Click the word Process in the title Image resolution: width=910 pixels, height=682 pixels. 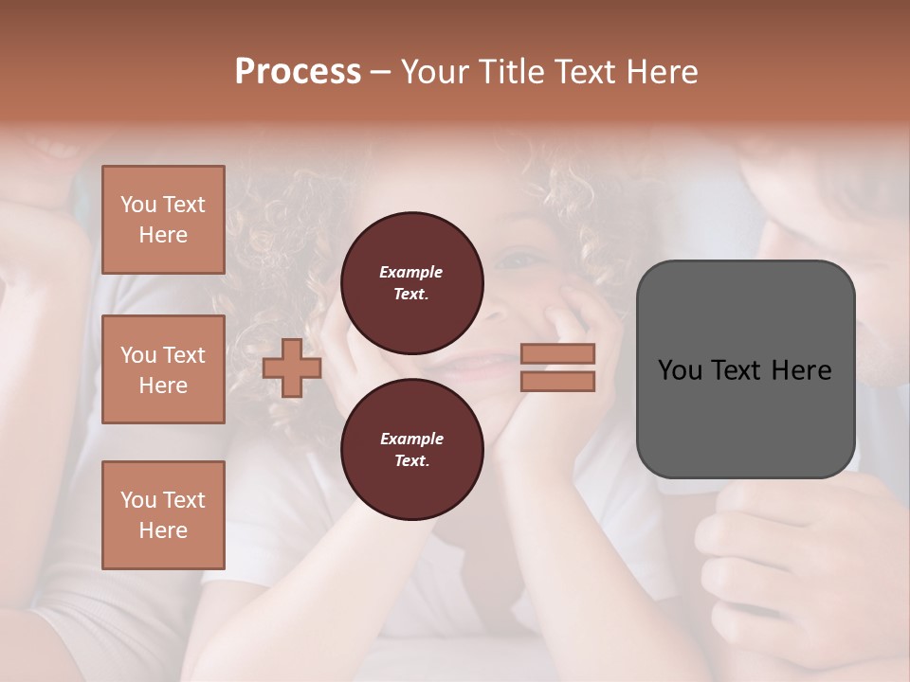tap(298, 72)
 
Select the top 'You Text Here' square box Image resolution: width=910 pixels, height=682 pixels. tap(163, 220)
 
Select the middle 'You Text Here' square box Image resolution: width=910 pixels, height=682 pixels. tap(163, 369)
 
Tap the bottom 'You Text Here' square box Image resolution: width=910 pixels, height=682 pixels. tap(163, 514)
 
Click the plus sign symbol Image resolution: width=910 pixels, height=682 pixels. tap(292, 368)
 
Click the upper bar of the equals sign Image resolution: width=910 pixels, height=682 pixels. tap(558, 354)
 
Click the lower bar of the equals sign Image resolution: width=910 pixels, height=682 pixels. tap(558, 382)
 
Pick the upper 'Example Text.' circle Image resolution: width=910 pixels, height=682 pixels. tap(411, 282)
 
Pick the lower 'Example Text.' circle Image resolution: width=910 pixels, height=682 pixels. tap(411, 449)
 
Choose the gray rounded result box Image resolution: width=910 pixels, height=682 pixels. tap(745, 369)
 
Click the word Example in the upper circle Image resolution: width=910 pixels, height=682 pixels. tap(411, 272)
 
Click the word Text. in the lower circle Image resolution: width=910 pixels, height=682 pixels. tap(411, 460)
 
